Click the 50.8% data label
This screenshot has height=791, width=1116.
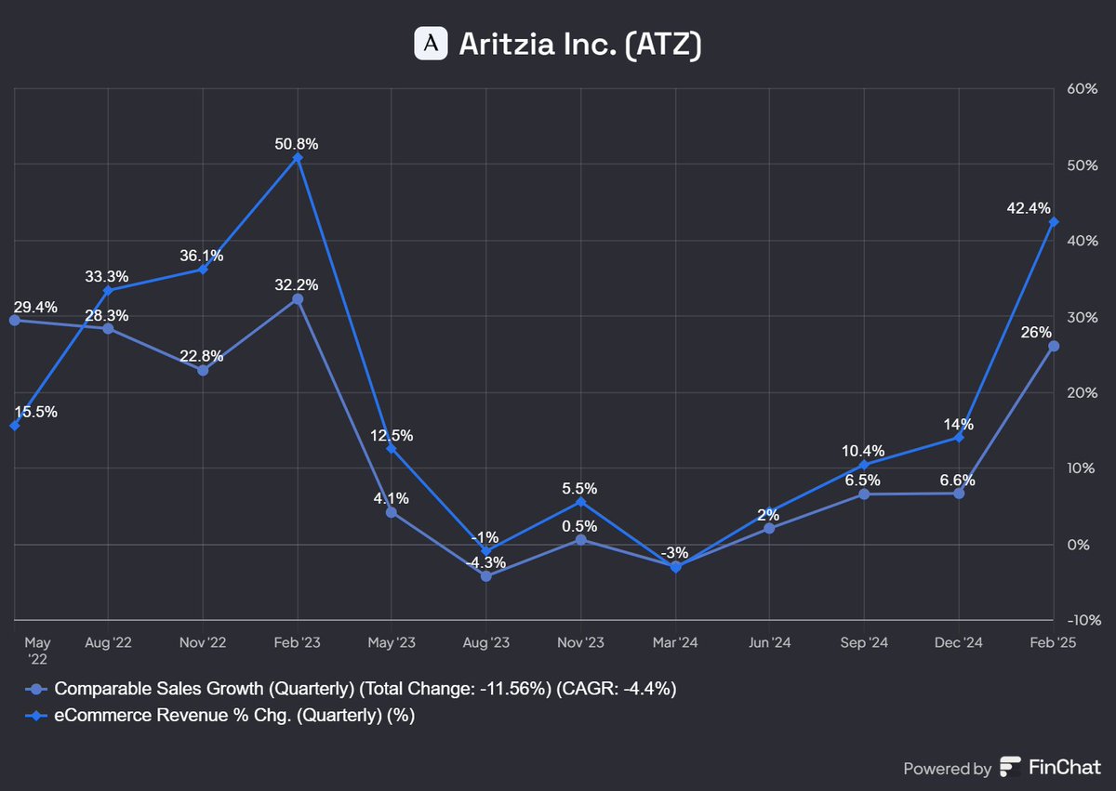click(298, 144)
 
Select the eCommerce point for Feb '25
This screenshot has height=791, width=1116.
click(1054, 221)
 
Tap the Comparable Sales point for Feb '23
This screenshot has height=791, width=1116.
click(298, 299)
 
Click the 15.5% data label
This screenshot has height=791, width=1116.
click(35, 412)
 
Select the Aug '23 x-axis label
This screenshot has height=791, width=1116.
click(486, 642)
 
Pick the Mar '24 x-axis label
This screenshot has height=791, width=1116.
click(675, 642)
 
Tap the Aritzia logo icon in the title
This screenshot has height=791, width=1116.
click(431, 44)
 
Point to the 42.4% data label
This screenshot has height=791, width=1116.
click(1030, 207)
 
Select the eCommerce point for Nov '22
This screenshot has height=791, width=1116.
click(204, 270)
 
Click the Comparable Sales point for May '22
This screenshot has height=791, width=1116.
click(14, 320)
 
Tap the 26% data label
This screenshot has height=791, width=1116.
click(1037, 332)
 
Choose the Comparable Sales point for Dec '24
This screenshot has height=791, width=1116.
click(959, 493)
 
